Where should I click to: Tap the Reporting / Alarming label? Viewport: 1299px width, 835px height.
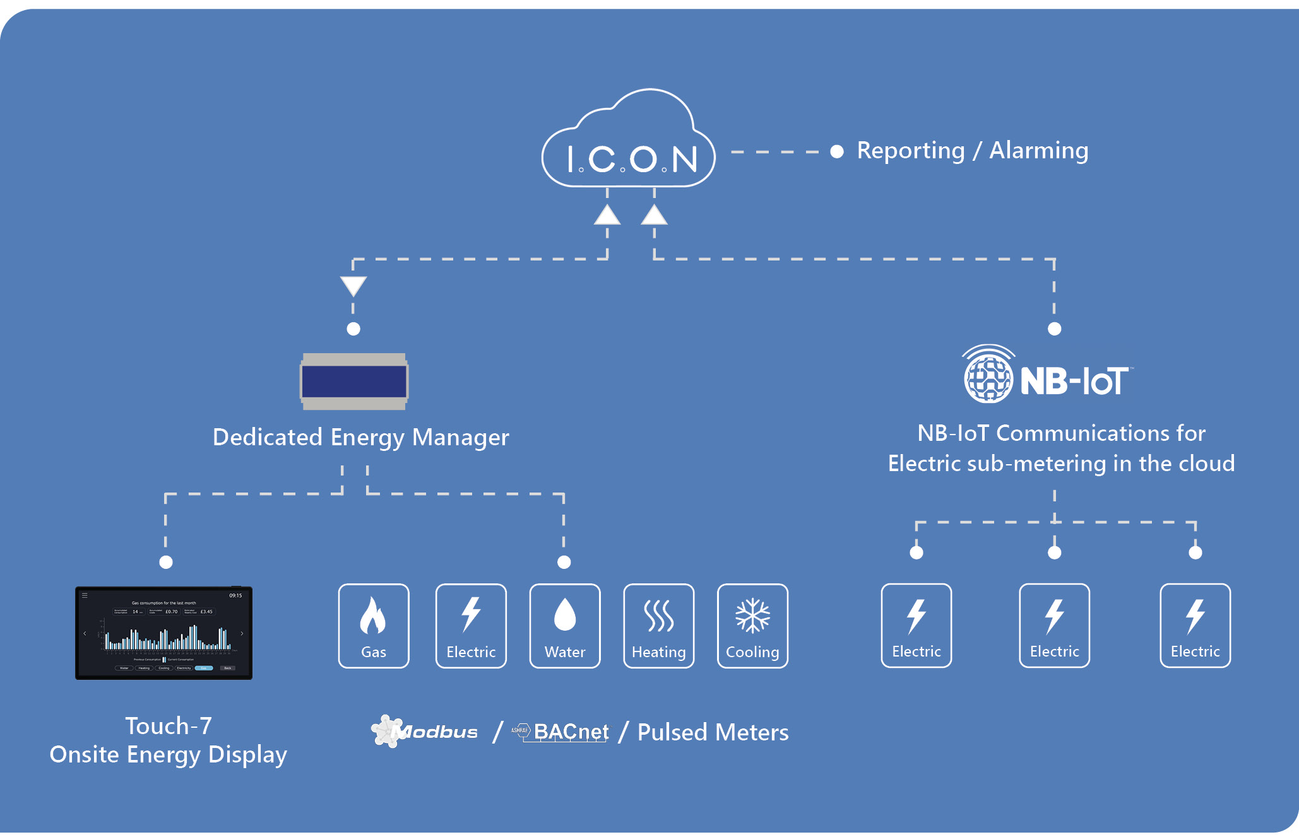972,151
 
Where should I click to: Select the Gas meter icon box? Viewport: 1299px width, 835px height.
374,626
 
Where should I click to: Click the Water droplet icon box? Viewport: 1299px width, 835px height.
565,626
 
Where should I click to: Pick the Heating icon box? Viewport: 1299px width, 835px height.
658,626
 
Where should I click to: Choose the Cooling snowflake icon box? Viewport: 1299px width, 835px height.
752,626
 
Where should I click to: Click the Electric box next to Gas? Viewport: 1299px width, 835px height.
471,626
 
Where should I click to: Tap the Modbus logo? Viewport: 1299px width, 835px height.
425,732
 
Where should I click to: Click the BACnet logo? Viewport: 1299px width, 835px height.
562,732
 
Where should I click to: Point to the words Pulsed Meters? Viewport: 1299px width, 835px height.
713,733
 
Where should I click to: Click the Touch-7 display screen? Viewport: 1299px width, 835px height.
163,633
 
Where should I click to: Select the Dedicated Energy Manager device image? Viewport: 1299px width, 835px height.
354,382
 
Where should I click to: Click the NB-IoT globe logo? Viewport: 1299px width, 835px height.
988,377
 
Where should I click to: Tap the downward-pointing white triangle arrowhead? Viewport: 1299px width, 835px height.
353,286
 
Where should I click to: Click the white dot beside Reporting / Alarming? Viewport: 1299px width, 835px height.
837,151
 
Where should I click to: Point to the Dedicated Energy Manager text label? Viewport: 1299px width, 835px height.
360,437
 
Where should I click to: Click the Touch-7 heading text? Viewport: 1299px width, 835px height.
168,726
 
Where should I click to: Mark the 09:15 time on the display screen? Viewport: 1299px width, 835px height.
235,595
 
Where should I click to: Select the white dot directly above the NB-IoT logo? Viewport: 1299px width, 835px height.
1054,329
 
